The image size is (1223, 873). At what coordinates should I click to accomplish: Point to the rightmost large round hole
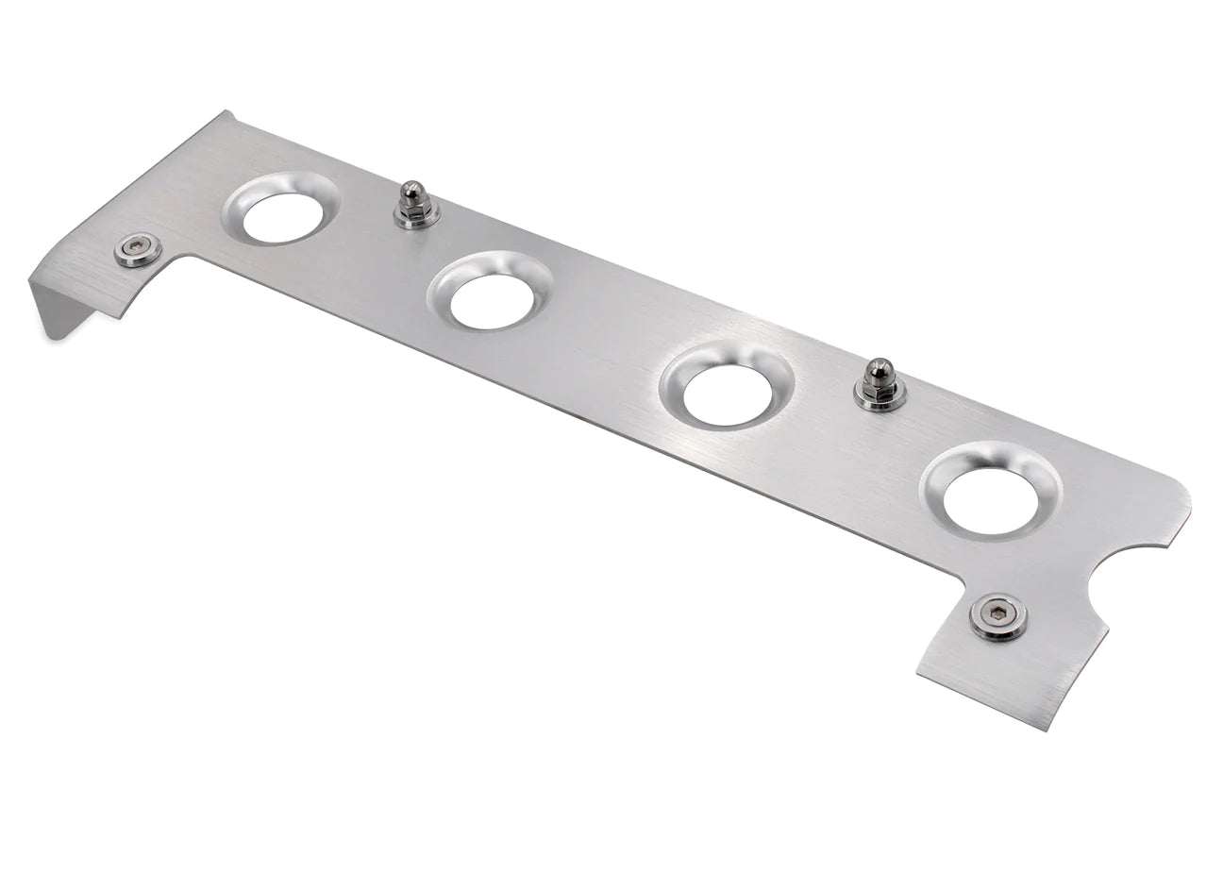point(990,499)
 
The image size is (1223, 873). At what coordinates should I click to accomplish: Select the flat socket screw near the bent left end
point(137,250)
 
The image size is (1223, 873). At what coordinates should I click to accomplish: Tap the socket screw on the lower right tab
point(998,617)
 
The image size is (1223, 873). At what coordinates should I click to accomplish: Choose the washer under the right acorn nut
point(880,397)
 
